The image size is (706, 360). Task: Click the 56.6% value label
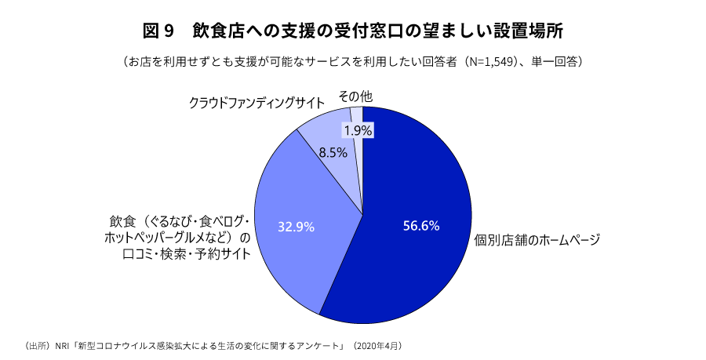tap(420, 226)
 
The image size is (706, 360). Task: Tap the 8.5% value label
tap(333, 153)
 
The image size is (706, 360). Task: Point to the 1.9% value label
tap(358, 130)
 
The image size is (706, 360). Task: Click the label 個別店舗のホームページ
tap(537, 240)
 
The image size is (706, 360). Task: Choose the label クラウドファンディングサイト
tap(257, 103)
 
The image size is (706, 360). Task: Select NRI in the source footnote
tap(62, 345)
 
